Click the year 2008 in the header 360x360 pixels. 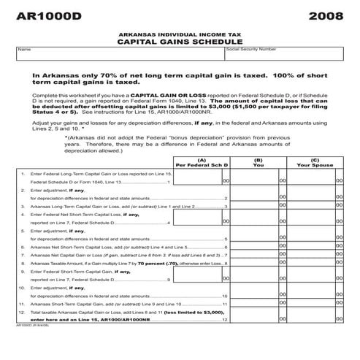325,16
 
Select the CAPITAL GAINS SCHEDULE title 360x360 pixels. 180,42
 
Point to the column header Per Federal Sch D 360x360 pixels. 202,165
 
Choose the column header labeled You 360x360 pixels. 258,165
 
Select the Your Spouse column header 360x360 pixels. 315,165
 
